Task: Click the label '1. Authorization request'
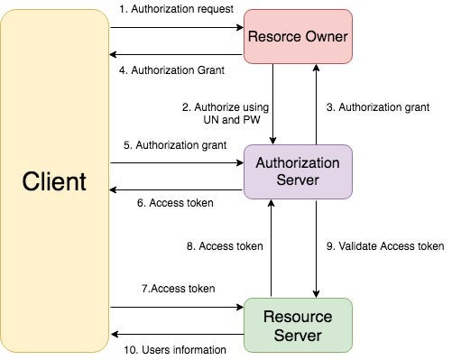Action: click(176, 9)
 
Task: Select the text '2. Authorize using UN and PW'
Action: click(226, 114)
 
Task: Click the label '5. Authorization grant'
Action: click(173, 144)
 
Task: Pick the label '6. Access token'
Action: click(175, 203)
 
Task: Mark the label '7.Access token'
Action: click(177, 289)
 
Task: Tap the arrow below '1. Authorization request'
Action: click(177, 27)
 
